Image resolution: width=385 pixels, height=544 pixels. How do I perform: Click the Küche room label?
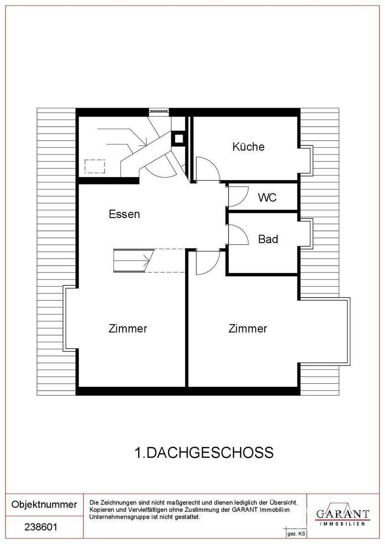[x=248, y=146]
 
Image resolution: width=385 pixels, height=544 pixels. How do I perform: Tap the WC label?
[x=267, y=197]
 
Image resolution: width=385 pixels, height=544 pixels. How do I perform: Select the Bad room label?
[x=268, y=239]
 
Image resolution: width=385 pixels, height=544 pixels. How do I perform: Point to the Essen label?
[x=124, y=214]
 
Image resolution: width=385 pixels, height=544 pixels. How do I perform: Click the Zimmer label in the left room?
[x=128, y=328]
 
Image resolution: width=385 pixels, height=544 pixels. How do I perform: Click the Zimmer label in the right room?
[x=247, y=328]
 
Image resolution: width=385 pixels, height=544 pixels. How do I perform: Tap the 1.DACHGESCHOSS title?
[x=204, y=453]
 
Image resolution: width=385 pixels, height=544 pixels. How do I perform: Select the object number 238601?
[x=41, y=527]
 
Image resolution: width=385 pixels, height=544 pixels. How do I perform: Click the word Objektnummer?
[x=44, y=504]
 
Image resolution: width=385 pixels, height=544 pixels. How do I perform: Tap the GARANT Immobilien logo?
[x=342, y=514]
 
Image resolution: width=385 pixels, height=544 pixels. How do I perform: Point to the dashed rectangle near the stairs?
[x=95, y=166]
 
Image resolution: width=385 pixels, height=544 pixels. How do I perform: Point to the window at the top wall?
[x=159, y=111]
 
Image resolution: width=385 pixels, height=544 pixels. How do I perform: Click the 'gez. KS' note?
[x=296, y=534]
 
